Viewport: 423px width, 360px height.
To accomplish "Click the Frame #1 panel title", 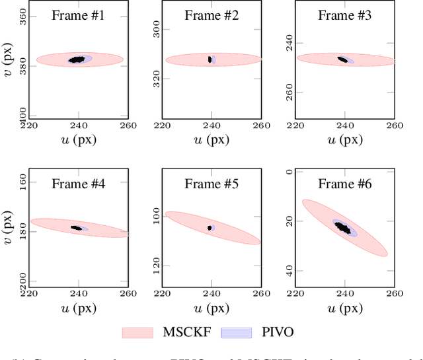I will (78, 15).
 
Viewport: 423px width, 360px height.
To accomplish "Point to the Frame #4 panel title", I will (78, 184).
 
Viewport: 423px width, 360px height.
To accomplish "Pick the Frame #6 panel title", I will (345, 184).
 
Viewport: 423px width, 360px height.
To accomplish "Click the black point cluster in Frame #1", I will (77, 59).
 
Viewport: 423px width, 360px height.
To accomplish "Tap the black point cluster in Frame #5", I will (210, 228).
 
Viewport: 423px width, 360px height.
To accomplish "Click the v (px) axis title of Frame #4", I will (8, 228).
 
